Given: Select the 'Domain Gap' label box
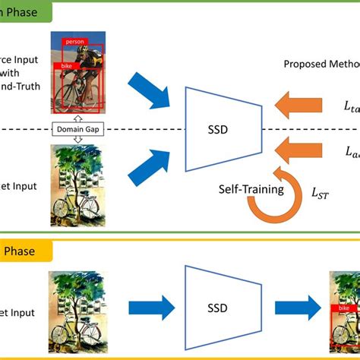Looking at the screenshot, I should click(x=77, y=130).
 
